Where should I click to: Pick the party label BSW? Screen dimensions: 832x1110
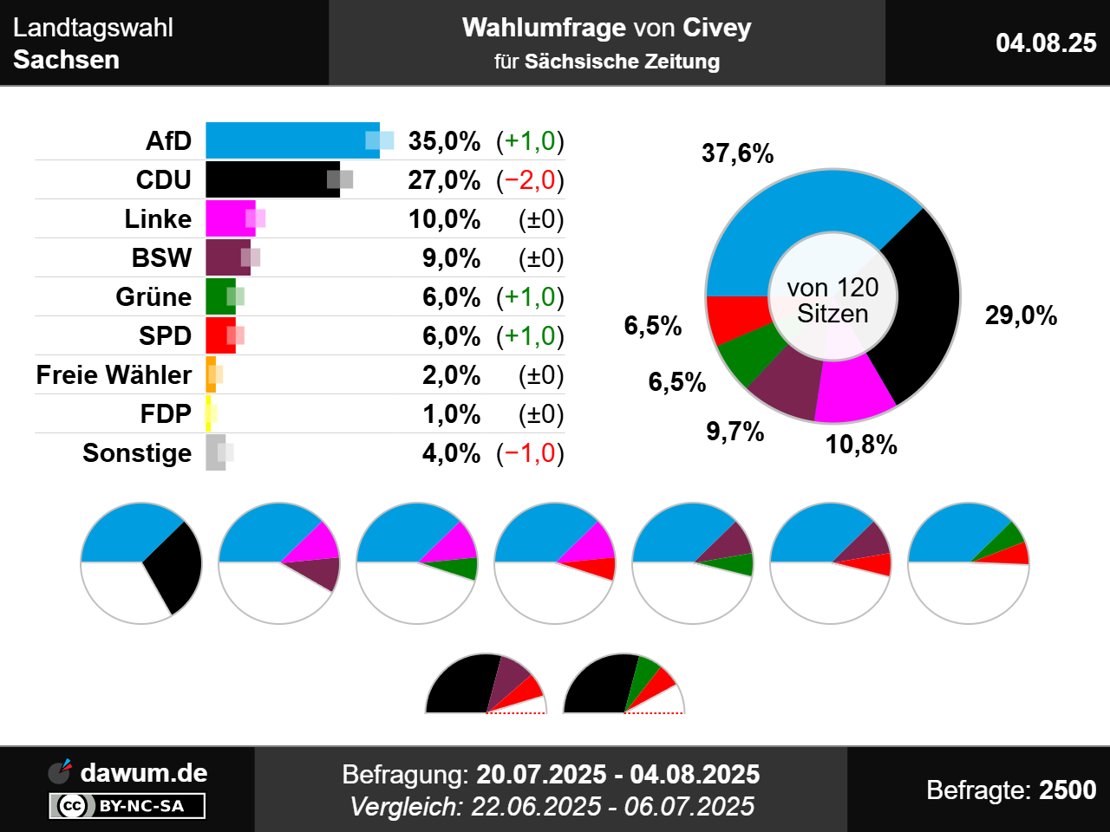click(161, 257)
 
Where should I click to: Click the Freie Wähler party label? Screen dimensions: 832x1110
click(114, 374)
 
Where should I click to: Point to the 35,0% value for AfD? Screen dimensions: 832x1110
click(444, 140)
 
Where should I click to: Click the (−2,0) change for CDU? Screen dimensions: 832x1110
click(530, 179)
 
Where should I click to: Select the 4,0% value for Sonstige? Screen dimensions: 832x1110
click(451, 452)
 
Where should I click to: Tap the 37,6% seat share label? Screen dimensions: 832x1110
click(737, 153)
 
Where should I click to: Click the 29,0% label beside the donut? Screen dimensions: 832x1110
click(1021, 315)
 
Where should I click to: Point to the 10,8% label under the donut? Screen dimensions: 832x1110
click(861, 445)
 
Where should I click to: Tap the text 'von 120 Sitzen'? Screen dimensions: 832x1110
click(832, 300)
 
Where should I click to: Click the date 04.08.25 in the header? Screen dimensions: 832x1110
click(1046, 42)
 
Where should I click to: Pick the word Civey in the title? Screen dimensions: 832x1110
click(716, 28)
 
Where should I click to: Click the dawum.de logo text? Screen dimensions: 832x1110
click(143, 772)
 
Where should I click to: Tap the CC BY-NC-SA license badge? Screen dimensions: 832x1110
click(127, 806)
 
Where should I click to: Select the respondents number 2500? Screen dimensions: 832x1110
click(1068, 790)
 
